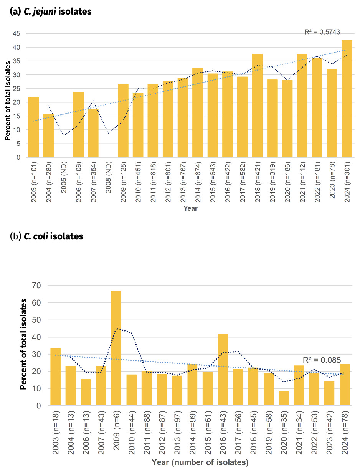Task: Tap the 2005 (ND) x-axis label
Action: [x=63, y=184]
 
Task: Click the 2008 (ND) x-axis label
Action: [x=109, y=184]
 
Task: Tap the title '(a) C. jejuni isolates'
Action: [x=51, y=12]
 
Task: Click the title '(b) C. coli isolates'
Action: [x=46, y=236]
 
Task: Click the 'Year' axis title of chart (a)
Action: [x=190, y=208]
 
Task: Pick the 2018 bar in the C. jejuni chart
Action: [x=257, y=106]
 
